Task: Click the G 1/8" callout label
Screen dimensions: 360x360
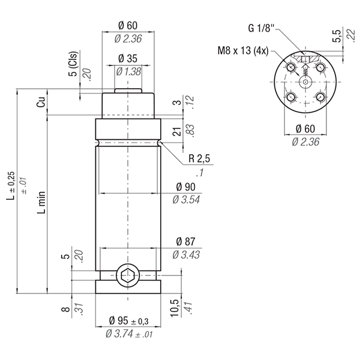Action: click(x=261, y=28)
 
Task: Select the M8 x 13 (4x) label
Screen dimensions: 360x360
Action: click(x=243, y=51)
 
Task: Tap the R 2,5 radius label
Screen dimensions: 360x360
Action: click(x=199, y=158)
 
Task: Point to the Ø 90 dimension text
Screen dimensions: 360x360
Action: click(x=186, y=187)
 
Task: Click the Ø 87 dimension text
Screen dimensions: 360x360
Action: click(x=186, y=242)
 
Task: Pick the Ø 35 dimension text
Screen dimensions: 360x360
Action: click(x=128, y=59)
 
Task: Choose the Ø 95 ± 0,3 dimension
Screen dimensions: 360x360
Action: click(x=128, y=320)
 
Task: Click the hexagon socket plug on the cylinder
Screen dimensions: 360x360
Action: click(x=128, y=275)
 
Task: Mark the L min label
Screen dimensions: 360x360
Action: click(x=41, y=202)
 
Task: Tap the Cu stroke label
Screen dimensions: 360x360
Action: click(x=41, y=101)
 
